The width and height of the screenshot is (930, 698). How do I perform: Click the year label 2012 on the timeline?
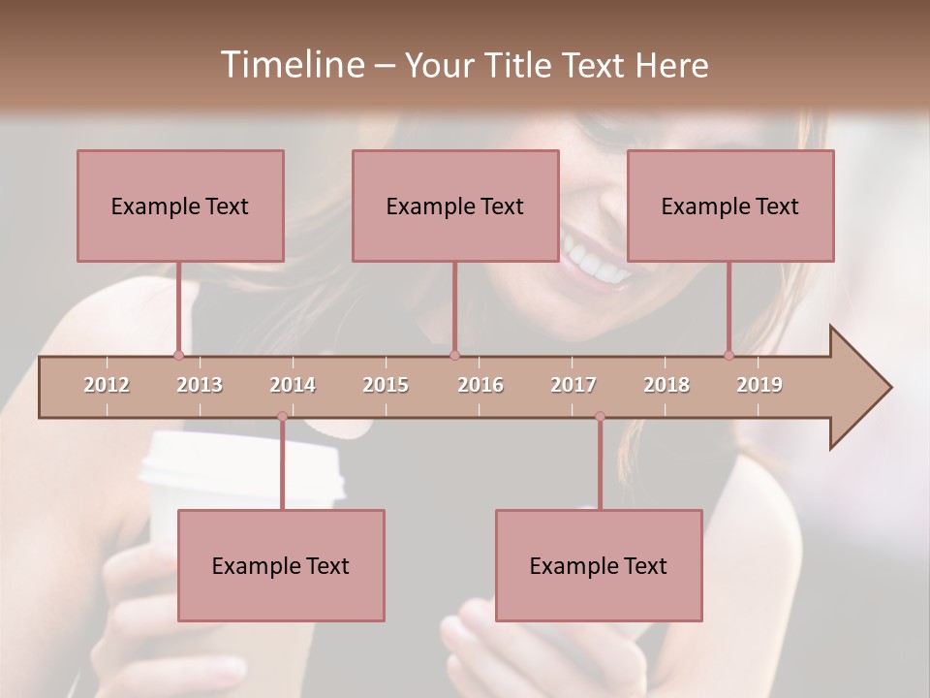(107, 385)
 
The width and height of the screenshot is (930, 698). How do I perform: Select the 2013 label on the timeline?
(200, 385)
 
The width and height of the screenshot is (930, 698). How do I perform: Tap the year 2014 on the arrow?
(293, 385)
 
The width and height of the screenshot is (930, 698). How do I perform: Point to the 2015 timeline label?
(386, 385)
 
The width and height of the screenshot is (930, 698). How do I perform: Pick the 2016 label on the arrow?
(480, 385)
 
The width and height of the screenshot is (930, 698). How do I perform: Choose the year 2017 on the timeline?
(573, 385)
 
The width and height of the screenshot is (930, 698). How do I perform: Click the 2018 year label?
(666, 385)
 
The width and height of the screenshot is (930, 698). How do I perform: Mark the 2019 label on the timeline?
(759, 385)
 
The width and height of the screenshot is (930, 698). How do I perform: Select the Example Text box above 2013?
(180, 206)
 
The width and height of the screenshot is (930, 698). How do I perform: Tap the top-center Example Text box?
(455, 206)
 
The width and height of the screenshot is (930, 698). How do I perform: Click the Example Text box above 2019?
(730, 206)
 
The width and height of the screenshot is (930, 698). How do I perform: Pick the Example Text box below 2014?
(281, 565)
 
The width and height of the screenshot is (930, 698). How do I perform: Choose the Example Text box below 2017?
(599, 565)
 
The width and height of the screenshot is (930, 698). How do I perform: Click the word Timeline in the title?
(291, 65)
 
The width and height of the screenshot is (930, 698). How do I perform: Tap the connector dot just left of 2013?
(178, 355)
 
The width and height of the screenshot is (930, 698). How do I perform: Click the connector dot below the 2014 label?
(282, 416)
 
